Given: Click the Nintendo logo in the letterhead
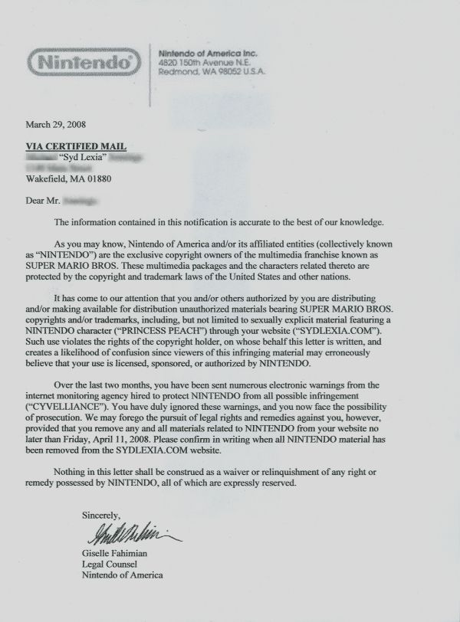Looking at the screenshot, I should coord(84,61).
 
